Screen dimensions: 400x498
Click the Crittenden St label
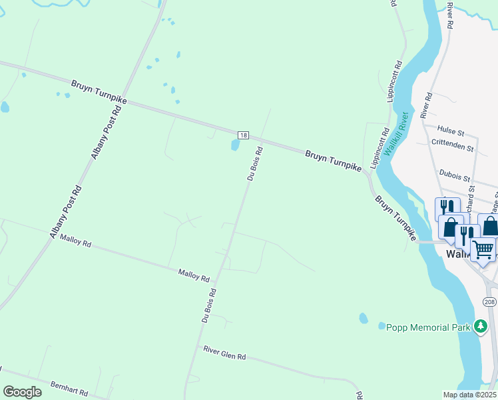(x=452, y=144)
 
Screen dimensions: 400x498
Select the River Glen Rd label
(x=224, y=353)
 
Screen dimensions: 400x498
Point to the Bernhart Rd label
(x=69, y=389)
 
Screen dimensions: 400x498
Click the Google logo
(x=22, y=392)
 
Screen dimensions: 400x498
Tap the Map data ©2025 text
(x=469, y=395)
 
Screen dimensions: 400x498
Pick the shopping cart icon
(x=483, y=249)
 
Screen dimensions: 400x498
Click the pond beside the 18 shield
(x=234, y=145)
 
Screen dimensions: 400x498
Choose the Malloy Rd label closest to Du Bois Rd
(x=194, y=274)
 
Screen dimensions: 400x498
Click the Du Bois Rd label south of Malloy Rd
(x=209, y=306)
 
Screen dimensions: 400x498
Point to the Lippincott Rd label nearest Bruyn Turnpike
(x=379, y=149)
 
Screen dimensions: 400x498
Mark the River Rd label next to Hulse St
(x=426, y=105)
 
